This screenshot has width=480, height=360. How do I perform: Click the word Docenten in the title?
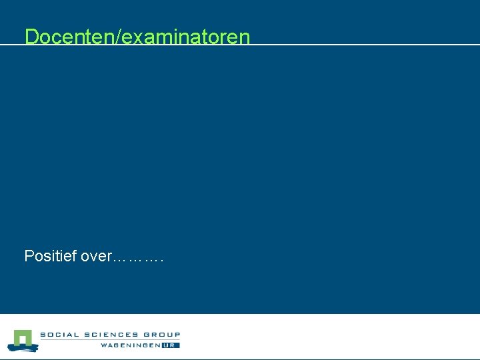[69, 37]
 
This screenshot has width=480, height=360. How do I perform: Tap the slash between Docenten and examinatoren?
[118, 37]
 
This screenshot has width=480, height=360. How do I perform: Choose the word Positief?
[50, 255]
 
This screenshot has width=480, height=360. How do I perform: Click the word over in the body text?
[97, 256]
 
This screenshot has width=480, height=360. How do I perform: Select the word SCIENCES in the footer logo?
[109, 335]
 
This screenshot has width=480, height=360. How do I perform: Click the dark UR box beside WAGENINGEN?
[171, 345]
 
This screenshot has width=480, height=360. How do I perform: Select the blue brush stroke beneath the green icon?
[21, 348]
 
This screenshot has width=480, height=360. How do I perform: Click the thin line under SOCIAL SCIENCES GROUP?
[110, 340]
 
